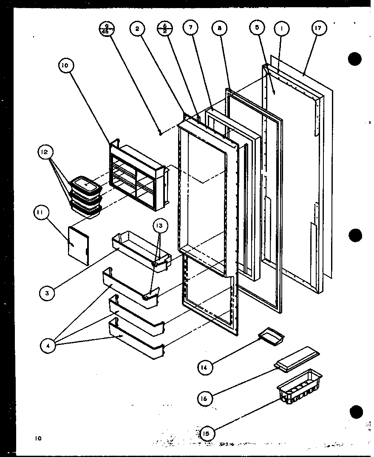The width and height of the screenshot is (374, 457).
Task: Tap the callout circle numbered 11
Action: point(42,214)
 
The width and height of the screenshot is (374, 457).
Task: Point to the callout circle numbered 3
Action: point(48,292)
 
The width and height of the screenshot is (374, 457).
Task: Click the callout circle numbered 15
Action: point(208,433)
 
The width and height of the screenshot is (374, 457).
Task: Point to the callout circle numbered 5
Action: point(258,28)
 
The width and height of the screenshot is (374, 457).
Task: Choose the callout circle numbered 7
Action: point(190,28)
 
